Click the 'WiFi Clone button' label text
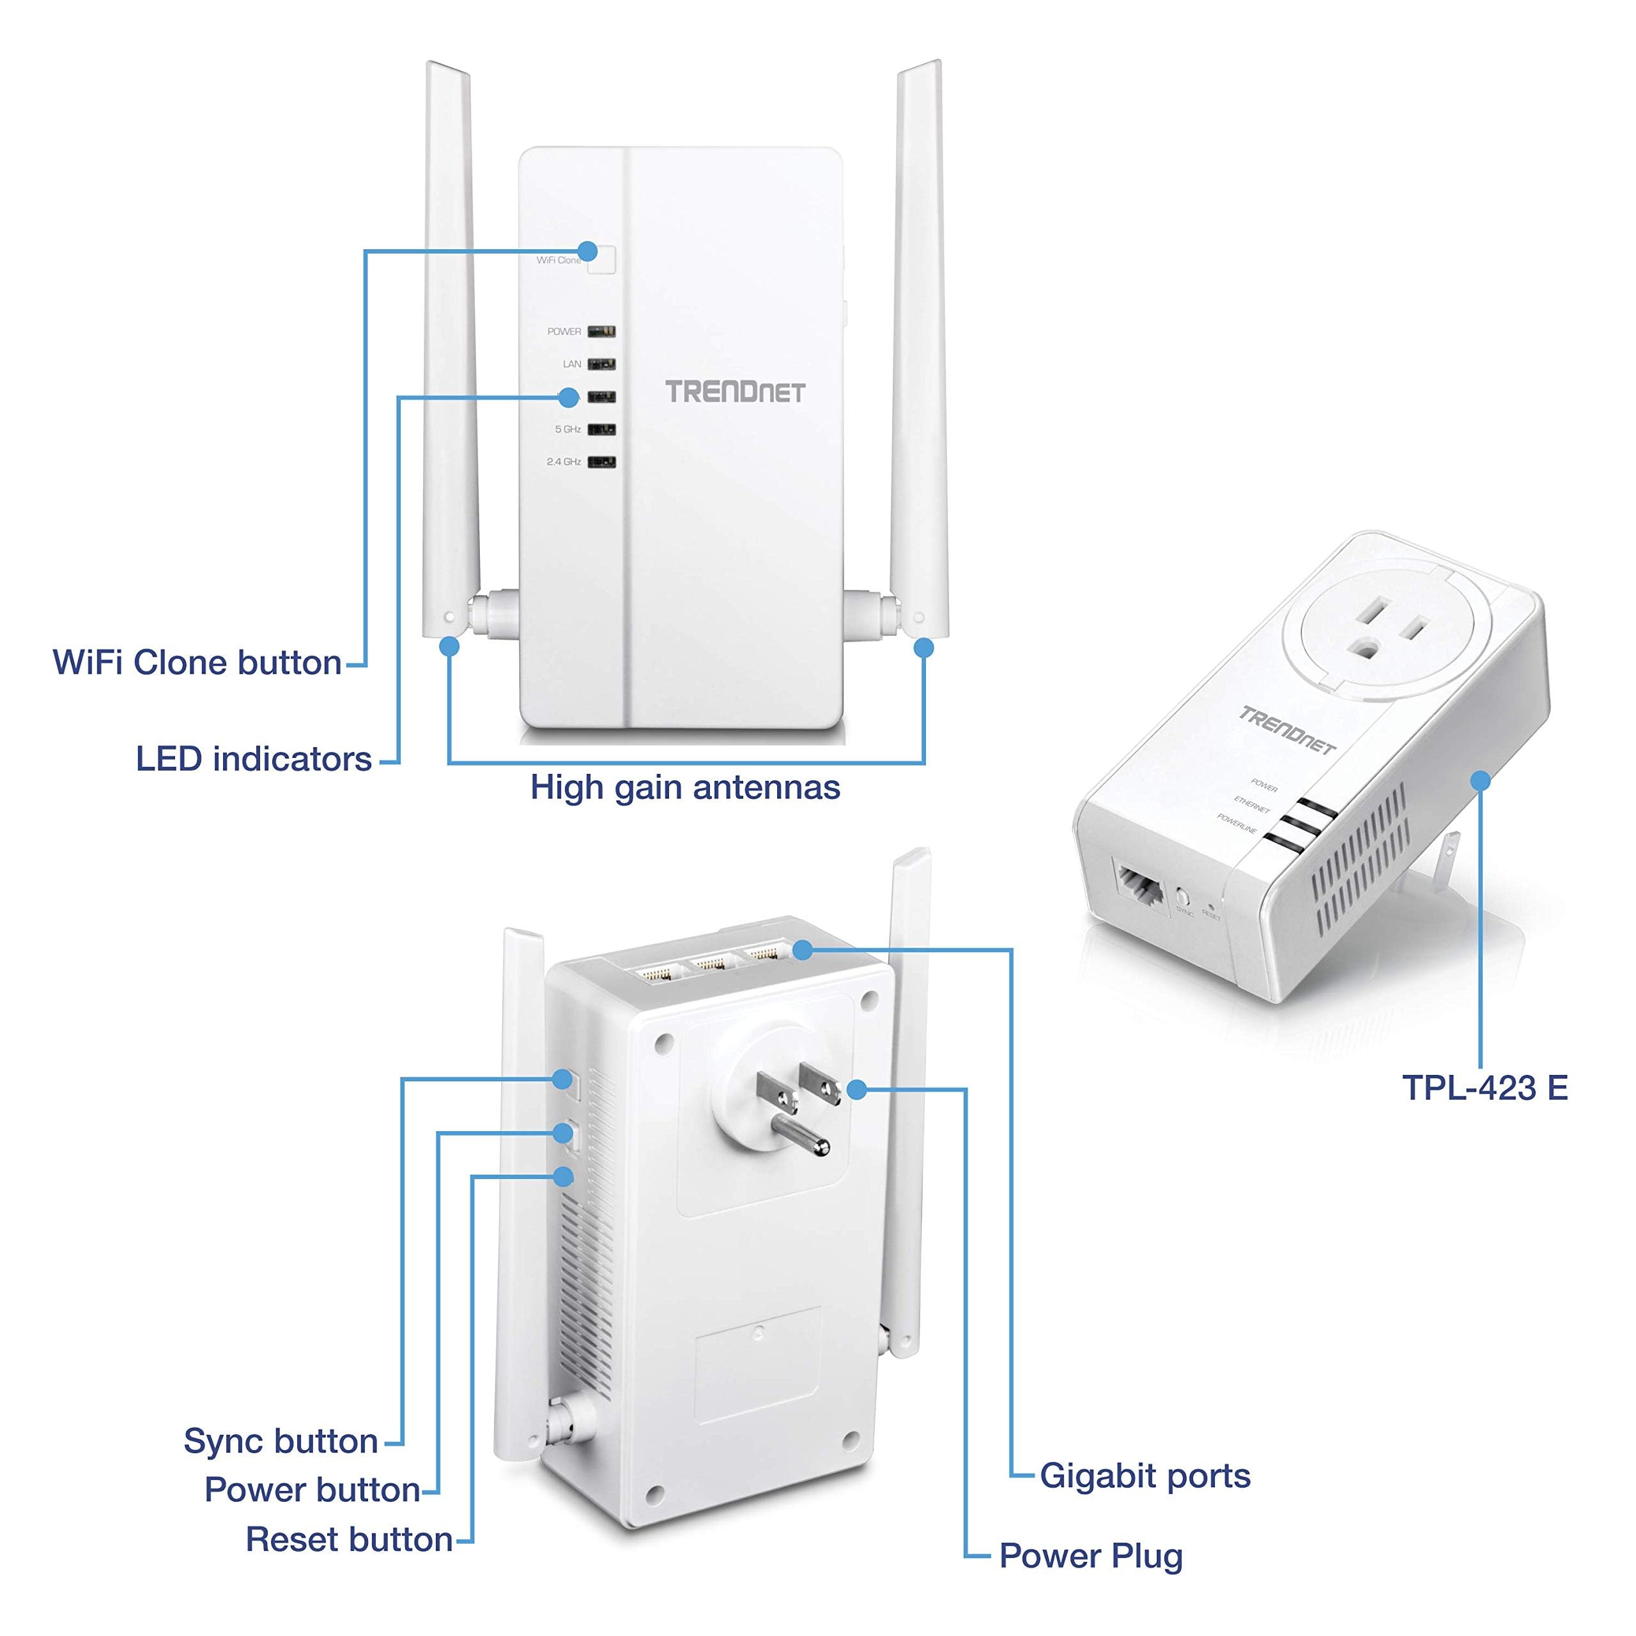[197, 663]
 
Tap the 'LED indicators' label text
[254, 760]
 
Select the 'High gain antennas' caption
[685, 787]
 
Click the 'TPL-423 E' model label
[1485, 1088]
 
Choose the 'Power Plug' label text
[1091, 1556]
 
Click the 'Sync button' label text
[281, 1441]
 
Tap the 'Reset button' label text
[349, 1540]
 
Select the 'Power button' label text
[312, 1490]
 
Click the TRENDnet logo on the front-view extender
[734, 392]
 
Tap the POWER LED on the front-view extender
[601, 332]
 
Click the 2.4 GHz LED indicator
[601, 462]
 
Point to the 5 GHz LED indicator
[601, 430]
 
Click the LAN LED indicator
[601, 364]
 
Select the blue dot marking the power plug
[857, 1089]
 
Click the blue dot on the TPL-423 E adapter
[1480, 780]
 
